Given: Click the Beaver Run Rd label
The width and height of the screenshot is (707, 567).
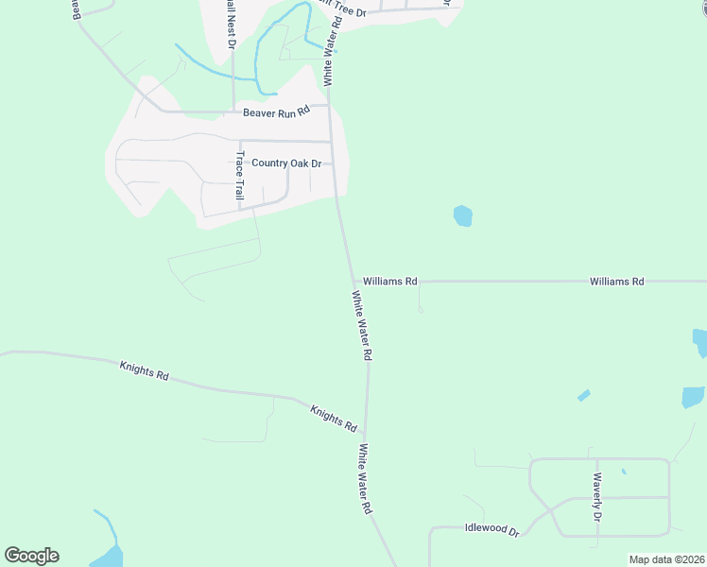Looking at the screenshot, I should [x=276, y=112].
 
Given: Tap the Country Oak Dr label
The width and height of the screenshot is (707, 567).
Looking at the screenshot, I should [x=286, y=163].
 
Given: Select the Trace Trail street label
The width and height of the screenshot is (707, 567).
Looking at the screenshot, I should [x=240, y=176].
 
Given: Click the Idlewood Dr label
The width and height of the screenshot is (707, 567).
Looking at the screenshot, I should [x=492, y=530].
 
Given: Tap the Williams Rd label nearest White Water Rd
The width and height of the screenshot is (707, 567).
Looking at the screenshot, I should [x=390, y=282].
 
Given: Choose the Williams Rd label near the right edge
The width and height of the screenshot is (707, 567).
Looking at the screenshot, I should [x=616, y=282].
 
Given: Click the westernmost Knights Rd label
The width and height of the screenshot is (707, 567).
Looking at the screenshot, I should [x=144, y=369].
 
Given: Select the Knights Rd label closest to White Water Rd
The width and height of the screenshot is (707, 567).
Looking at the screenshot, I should [x=334, y=417].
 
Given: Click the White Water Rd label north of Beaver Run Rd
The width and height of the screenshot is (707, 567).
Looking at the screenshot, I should [x=331, y=52].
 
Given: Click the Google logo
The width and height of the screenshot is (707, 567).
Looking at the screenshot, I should [x=32, y=556].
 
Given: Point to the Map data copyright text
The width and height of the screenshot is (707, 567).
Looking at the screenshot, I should [x=667, y=559].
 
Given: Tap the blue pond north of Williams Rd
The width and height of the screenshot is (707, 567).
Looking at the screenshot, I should [x=462, y=215].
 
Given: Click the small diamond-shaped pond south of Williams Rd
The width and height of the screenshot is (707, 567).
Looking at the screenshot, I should [x=583, y=395].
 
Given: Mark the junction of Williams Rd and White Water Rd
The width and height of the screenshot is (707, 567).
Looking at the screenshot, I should [x=354, y=282].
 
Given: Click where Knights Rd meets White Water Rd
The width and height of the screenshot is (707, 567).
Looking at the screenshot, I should [x=366, y=437].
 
